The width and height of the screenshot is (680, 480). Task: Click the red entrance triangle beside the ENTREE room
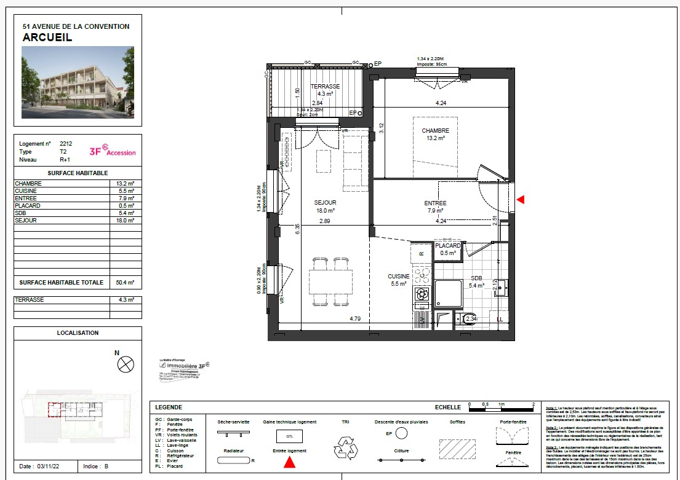pos(521,200)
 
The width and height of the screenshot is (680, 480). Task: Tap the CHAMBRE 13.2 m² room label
pos(435,135)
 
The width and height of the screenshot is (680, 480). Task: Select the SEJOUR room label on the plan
pos(325,207)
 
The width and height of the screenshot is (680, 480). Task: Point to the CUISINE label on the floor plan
pos(398,280)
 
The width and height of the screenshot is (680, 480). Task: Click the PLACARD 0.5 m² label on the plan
pos(448,249)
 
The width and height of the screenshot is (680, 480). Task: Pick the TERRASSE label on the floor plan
pos(325,90)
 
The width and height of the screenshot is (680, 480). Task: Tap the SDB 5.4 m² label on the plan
pos(477,281)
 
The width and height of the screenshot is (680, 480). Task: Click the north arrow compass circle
pos(126,364)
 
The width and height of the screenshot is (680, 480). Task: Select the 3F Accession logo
pos(113,151)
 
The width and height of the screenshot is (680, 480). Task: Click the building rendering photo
pos(78,84)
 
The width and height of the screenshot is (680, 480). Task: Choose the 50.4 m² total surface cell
pos(125,283)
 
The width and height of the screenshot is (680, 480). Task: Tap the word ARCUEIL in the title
pos(47,37)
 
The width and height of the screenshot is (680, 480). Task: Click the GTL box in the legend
pos(289,436)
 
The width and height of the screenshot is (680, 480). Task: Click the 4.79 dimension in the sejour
pos(354,319)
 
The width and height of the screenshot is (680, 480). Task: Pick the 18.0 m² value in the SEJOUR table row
pos(125,220)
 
